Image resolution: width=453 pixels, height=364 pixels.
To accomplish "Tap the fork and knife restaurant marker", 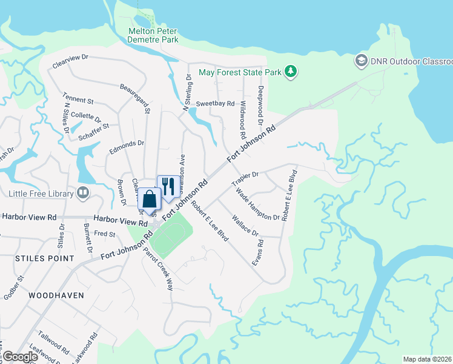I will (x=168, y=187).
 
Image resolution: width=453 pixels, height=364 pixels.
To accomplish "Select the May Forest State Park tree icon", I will (x=291, y=72).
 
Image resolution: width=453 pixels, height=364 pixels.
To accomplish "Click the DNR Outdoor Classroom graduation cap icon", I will (x=362, y=61).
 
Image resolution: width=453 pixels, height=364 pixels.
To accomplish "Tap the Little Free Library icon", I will (x=83, y=194).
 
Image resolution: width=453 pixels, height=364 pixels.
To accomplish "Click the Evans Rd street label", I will (x=258, y=251).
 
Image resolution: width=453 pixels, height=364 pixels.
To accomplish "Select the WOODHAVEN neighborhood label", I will (x=56, y=295).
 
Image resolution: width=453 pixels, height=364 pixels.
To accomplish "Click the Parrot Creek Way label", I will (x=159, y=269).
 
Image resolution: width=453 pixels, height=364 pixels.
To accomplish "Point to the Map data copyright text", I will (x=428, y=359).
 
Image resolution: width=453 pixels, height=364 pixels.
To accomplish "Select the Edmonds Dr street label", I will (x=127, y=144).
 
